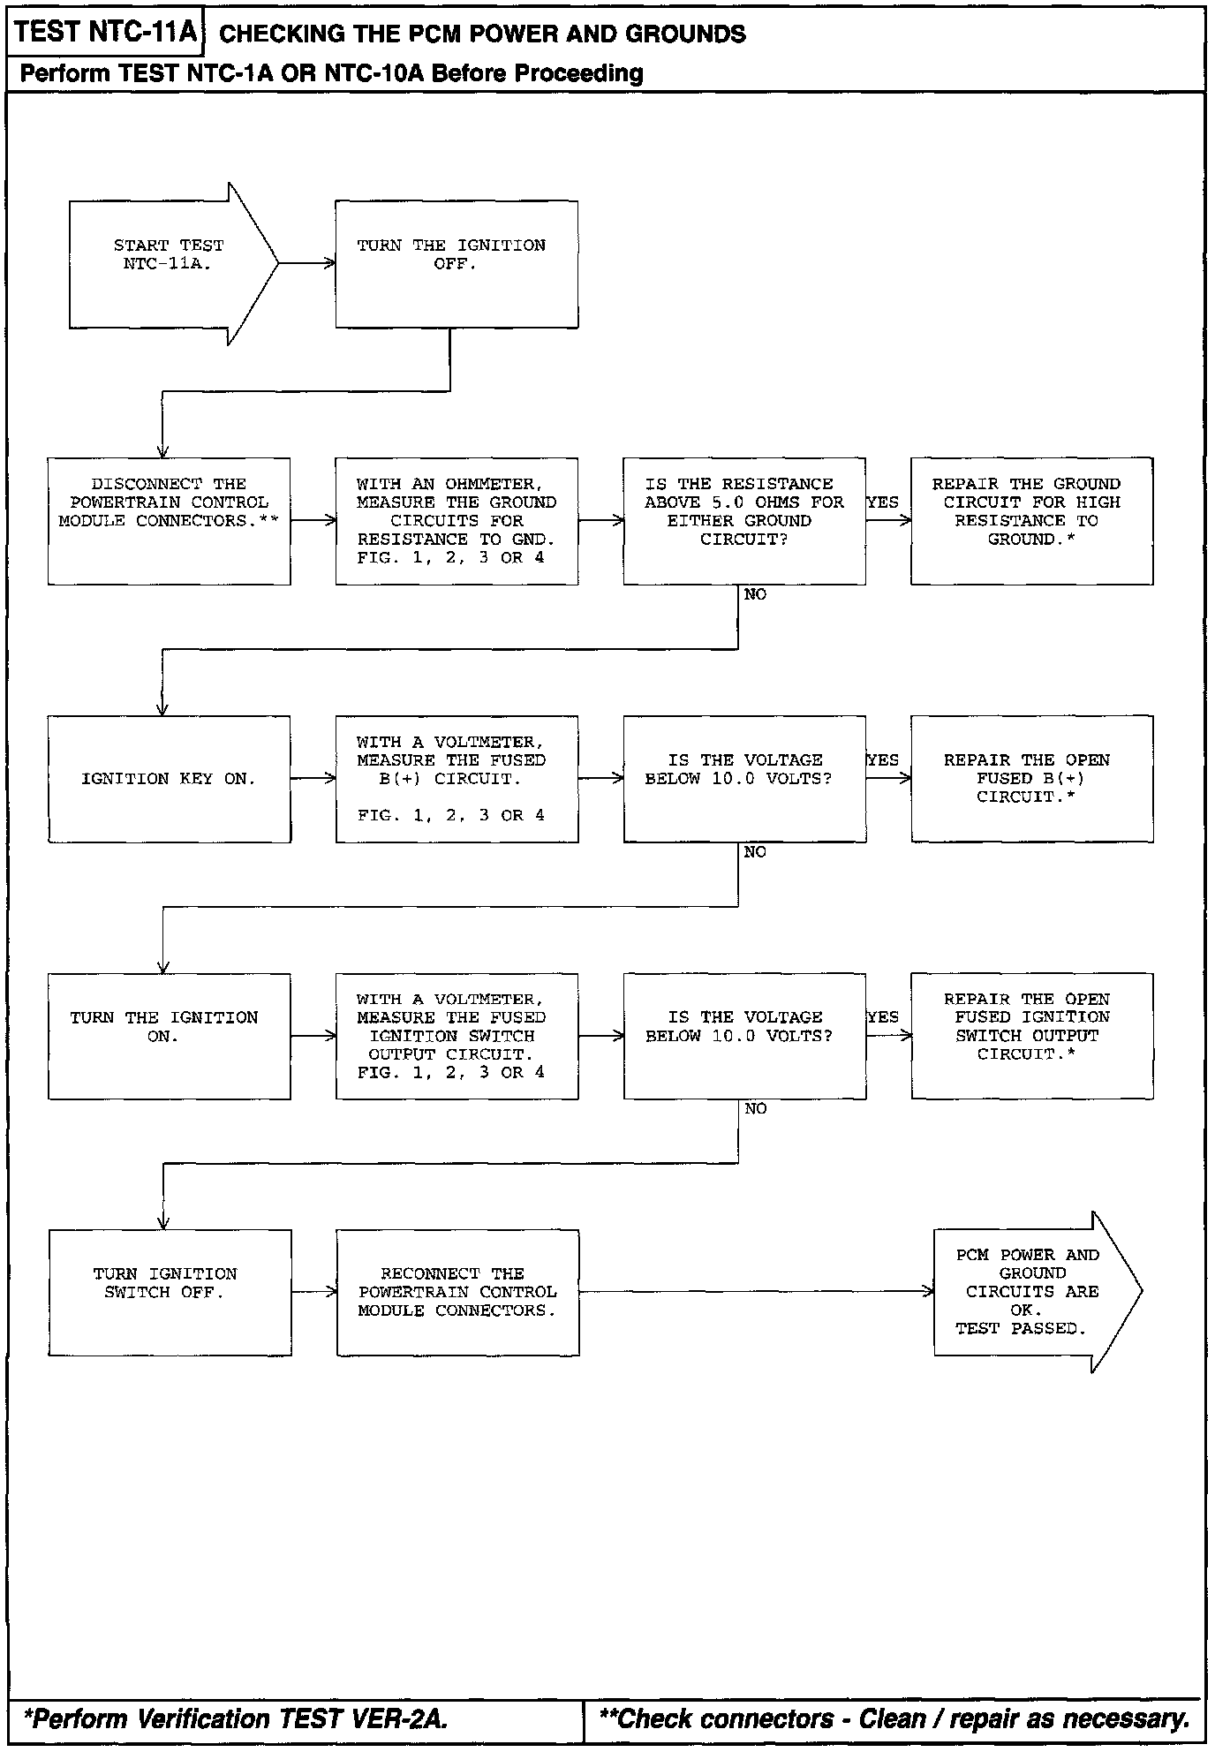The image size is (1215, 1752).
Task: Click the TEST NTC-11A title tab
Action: [106, 33]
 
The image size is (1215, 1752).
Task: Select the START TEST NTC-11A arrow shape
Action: [168, 263]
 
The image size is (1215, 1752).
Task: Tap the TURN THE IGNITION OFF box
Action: [456, 264]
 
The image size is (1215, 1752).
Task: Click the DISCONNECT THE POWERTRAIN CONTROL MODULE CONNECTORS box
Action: [169, 520]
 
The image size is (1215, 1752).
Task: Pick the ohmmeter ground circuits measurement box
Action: [456, 520]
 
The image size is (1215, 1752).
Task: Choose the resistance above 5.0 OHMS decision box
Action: [743, 520]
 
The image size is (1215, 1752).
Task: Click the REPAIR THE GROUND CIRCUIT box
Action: [1031, 520]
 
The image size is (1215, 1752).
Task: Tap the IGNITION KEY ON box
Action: [169, 778]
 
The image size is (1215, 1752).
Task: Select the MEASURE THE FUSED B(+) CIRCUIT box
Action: [456, 778]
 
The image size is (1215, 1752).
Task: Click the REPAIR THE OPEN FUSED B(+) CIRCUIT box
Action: [1031, 778]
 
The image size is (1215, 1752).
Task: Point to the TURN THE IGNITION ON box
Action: [169, 1036]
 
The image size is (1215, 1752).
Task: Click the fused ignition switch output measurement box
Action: [456, 1036]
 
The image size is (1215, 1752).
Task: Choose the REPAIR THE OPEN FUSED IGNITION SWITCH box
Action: [1031, 1036]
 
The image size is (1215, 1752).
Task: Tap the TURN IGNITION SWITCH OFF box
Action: [169, 1292]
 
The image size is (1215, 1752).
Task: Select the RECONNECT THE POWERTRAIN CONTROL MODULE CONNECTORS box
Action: [457, 1292]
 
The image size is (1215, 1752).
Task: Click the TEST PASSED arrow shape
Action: [1030, 1292]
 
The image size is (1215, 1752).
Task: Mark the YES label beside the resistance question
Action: [882, 502]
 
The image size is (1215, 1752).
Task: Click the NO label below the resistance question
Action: [755, 595]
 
